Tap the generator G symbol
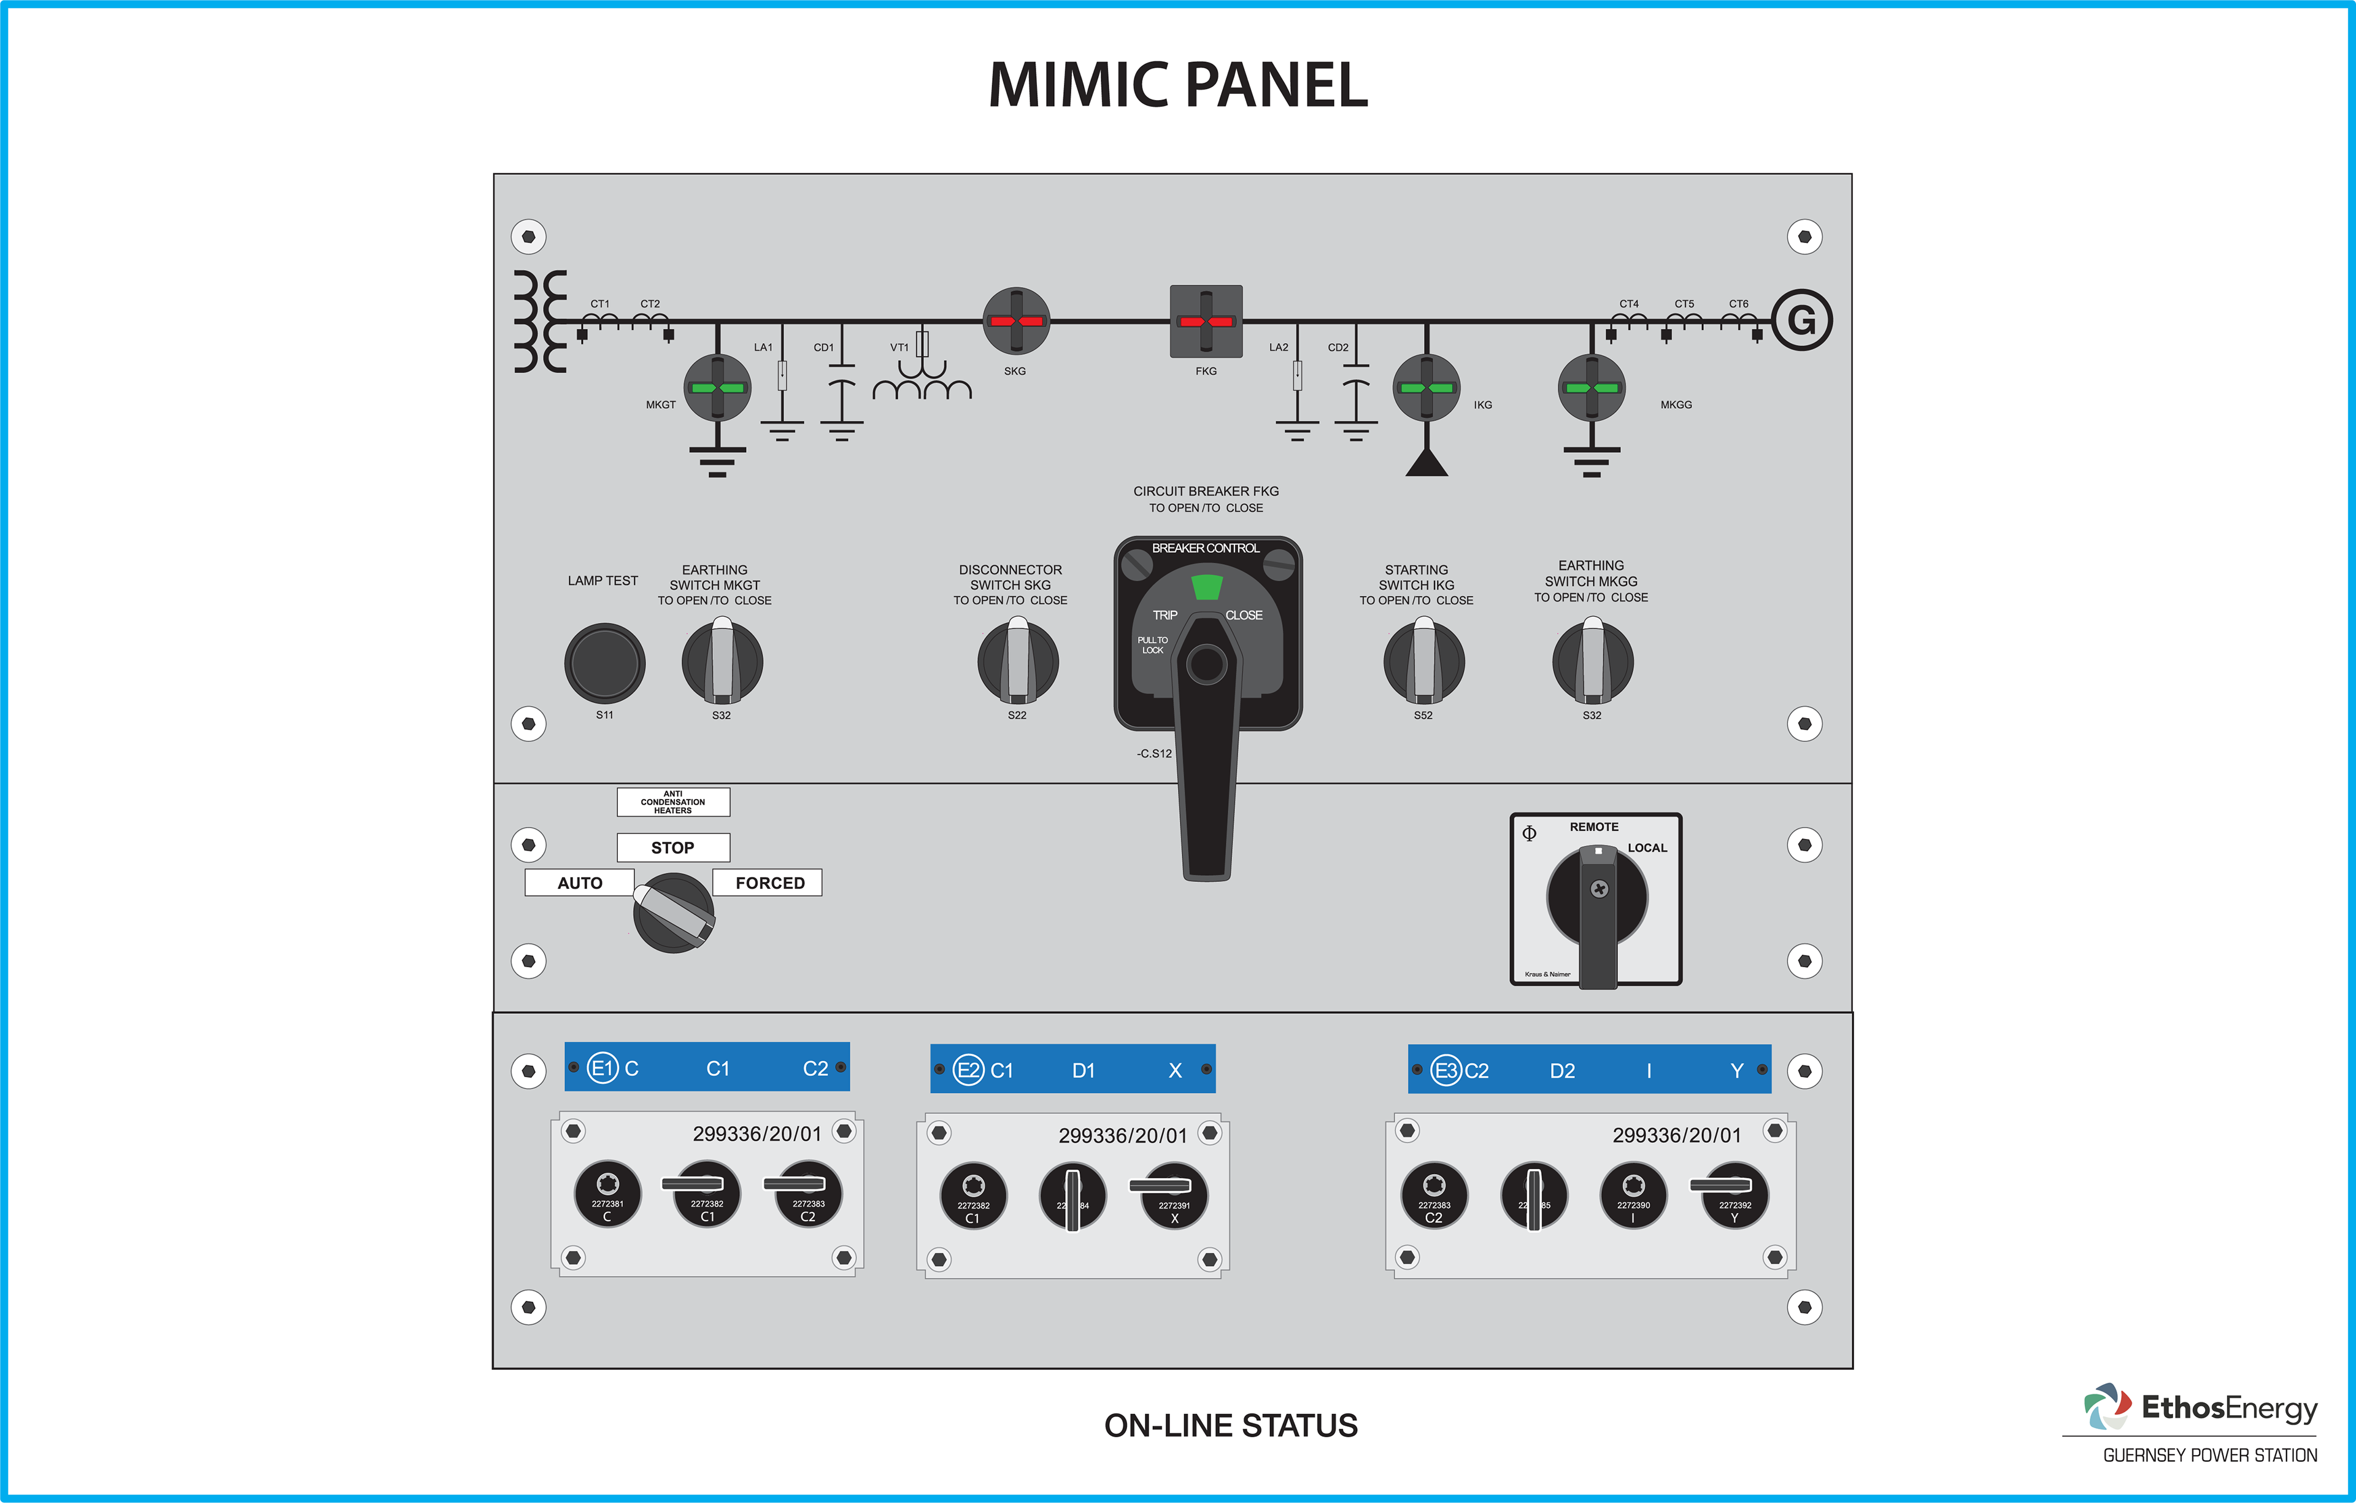[1801, 320]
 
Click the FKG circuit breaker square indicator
[1206, 321]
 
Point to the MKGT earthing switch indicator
[717, 387]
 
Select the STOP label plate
[672, 848]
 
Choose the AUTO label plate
[579, 883]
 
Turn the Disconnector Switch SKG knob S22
[1017, 662]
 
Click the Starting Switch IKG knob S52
[1423, 662]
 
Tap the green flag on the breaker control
[1206, 587]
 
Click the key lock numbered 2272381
[607, 1194]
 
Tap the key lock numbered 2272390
[1633, 1195]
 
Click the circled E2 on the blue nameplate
[969, 1070]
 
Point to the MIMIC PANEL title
[1178, 85]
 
